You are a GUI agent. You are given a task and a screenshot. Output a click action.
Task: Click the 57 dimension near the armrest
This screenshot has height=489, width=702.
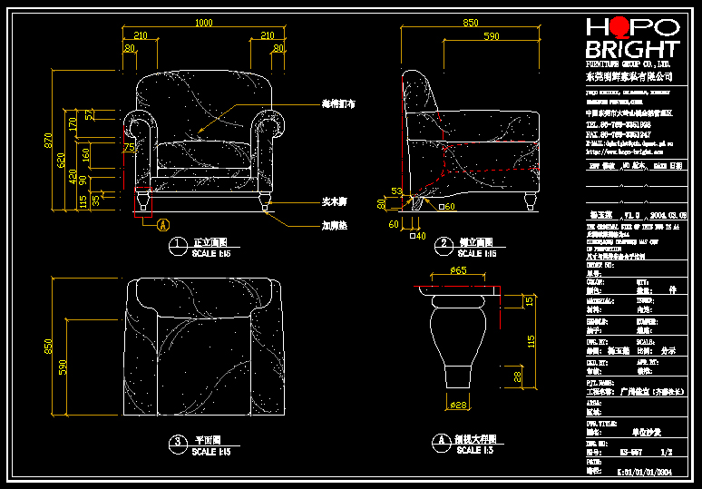89,115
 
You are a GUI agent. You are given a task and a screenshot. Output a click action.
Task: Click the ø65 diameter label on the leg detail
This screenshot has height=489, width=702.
458,270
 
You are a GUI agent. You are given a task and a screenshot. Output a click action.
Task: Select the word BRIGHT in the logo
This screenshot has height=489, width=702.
632,50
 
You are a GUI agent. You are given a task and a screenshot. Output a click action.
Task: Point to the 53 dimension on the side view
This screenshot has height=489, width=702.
395,191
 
